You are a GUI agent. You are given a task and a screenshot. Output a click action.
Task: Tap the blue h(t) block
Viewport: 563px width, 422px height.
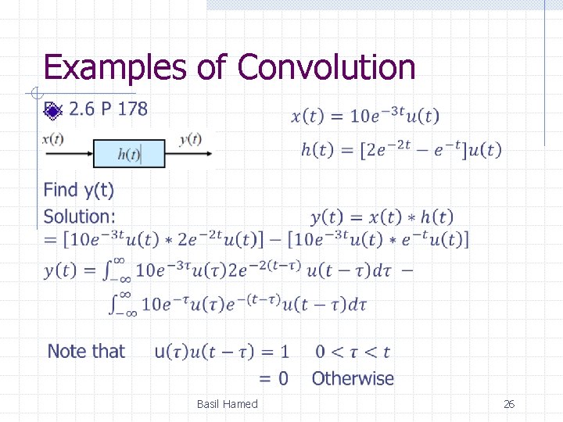click(x=129, y=154)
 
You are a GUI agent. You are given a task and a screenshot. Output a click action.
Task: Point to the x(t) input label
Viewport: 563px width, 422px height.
click(x=52, y=139)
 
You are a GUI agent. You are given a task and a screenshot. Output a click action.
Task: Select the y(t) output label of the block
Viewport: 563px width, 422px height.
click(x=190, y=139)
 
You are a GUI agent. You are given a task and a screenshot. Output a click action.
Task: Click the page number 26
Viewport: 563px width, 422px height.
click(x=508, y=404)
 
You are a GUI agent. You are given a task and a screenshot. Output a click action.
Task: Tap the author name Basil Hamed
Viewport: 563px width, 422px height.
click(x=227, y=404)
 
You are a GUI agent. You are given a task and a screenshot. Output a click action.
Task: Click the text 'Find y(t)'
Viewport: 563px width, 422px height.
click(x=78, y=190)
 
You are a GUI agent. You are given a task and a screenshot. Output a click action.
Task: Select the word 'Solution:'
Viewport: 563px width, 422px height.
click(x=79, y=216)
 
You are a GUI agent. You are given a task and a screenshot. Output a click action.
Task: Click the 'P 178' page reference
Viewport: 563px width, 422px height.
click(x=121, y=109)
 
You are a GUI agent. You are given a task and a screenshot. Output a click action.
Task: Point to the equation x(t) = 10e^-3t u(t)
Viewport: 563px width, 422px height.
click(x=365, y=116)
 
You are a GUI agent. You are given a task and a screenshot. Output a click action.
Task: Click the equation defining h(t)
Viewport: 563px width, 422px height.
click(x=401, y=150)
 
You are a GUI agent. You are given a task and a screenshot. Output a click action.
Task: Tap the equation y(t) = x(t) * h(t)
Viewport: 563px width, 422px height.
click(x=382, y=216)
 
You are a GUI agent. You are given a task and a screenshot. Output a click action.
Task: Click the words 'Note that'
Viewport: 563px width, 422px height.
click(x=86, y=352)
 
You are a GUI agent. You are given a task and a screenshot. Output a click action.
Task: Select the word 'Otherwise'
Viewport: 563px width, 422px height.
click(x=353, y=379)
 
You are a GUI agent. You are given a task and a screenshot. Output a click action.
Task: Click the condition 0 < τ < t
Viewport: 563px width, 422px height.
click(x=353, y=352)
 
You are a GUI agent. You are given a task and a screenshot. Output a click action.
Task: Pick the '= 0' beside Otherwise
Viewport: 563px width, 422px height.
click(x=273, y=379)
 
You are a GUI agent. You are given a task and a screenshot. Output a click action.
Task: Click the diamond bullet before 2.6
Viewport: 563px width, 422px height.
click(x=52, y=110)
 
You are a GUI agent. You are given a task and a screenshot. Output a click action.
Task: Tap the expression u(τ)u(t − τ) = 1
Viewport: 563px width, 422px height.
click(x=221, y=352)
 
